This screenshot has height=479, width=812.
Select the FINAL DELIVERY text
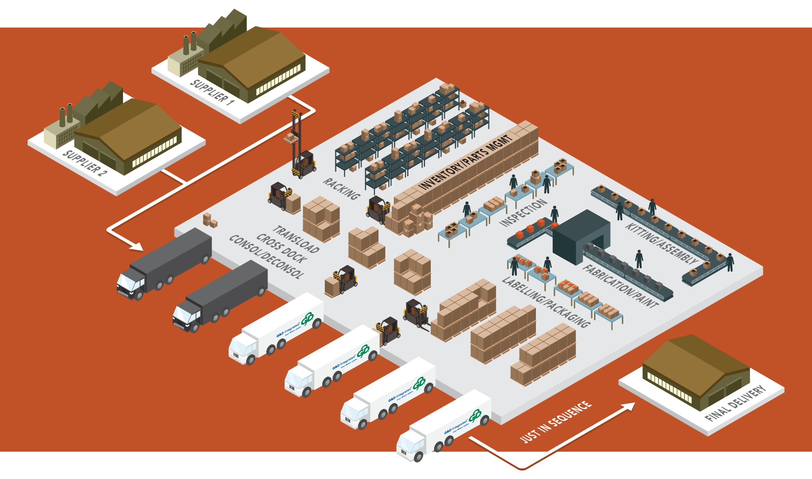tap(735, 403)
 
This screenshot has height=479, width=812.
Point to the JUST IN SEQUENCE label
tap(555, 422)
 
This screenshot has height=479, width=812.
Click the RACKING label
tap(341, 189)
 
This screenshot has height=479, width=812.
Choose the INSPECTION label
tap(523, 212)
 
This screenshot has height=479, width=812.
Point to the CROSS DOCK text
tap(282, 248)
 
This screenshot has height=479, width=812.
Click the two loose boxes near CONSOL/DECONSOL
tap(210, 220)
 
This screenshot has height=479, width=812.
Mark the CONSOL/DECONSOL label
tap(266, 257)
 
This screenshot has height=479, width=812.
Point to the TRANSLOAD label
tap(296, 239)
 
